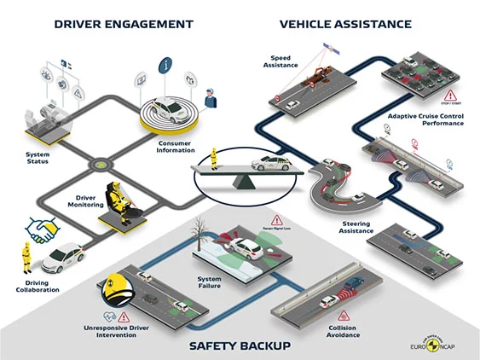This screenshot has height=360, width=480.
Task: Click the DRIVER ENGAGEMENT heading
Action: (123, 24)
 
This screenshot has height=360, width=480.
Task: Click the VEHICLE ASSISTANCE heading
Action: (347, 24)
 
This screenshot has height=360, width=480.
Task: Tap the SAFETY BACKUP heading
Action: (239, 345)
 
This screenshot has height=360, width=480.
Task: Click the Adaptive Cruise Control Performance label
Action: (425, 119)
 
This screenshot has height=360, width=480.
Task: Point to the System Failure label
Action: (210, 282)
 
